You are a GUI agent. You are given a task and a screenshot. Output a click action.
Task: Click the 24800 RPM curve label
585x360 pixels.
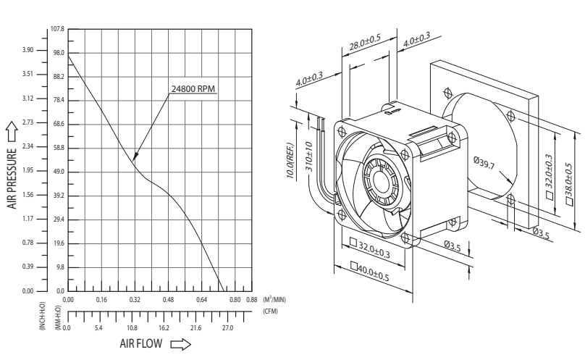193,89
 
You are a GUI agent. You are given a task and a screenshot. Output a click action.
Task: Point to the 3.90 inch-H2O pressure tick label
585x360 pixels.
28,50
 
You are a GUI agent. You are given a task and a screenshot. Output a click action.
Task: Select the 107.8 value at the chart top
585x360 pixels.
57,29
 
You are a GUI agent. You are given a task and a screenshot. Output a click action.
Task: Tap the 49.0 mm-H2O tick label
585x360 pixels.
59,172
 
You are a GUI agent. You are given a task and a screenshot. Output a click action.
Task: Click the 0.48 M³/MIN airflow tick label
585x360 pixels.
168,300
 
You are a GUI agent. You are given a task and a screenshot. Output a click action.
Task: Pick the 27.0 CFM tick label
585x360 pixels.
227,328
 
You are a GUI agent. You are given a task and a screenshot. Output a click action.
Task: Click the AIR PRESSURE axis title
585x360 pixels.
12,178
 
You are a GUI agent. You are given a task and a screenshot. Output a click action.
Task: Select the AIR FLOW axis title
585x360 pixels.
141,343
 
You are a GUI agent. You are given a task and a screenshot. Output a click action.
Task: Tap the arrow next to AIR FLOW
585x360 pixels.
180,344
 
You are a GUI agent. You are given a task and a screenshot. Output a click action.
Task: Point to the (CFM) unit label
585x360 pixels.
271,311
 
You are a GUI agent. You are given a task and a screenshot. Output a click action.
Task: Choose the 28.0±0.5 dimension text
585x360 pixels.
365,42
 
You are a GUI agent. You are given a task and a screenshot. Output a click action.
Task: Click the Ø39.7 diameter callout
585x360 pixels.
484,162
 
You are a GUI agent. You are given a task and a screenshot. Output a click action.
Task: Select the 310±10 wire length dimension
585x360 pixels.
309,156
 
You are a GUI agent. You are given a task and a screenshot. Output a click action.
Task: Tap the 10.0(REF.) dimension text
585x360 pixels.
291,161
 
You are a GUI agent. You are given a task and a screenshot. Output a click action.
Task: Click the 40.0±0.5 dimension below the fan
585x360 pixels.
370,272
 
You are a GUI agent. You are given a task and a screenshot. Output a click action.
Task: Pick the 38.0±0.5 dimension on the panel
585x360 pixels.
569,184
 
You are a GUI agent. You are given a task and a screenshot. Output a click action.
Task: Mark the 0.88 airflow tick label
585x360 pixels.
252,300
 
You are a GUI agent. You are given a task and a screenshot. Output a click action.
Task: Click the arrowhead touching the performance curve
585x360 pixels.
135,156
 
